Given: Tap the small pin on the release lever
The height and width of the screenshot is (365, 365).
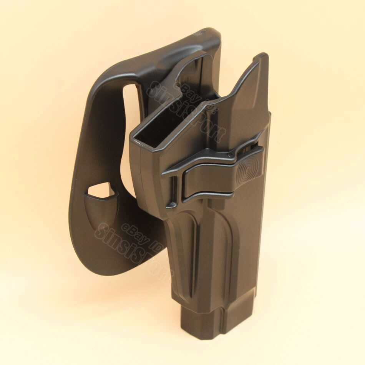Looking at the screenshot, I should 229,155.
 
